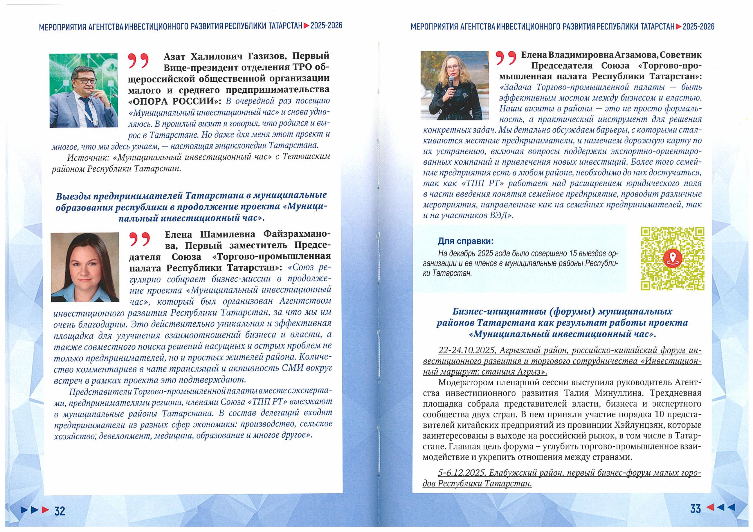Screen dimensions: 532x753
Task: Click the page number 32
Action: (x=60, y=511)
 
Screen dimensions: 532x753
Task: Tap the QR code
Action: (x=673, y=259)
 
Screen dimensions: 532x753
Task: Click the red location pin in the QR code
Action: (x=673, y=258)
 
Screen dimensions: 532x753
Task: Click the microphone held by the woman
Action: (x=452, y=86)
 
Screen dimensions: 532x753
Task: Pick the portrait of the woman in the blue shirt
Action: (x=85, y=267)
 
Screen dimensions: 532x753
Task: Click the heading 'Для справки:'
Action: (x=466, y=241)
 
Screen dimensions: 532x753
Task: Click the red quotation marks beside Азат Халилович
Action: (x=138, y=61)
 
